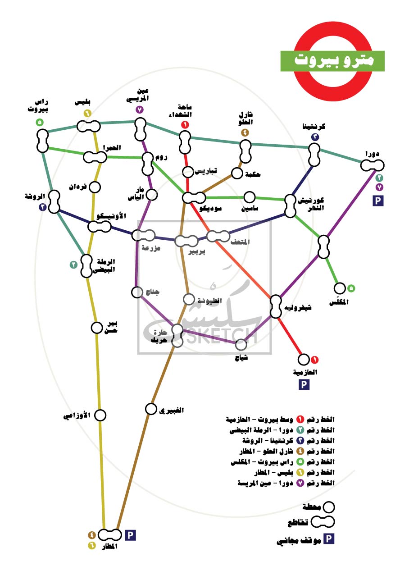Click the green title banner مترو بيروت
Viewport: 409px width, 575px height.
[x=332, y=61]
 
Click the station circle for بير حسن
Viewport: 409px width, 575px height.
[x=97, y=328]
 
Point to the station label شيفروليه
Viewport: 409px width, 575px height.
[x=299, y=308]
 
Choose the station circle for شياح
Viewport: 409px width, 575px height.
[x=241, y=345]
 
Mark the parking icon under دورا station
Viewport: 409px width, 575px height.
[x=377, y=201]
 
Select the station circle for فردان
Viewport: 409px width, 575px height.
[x=95, y=187]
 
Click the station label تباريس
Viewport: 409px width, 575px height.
[x=206, y=171]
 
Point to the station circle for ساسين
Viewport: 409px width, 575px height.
[x=250, y=197]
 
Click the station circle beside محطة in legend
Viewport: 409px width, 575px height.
[x=329, y=507]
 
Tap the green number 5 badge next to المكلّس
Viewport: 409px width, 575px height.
[x=351, y=287]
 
